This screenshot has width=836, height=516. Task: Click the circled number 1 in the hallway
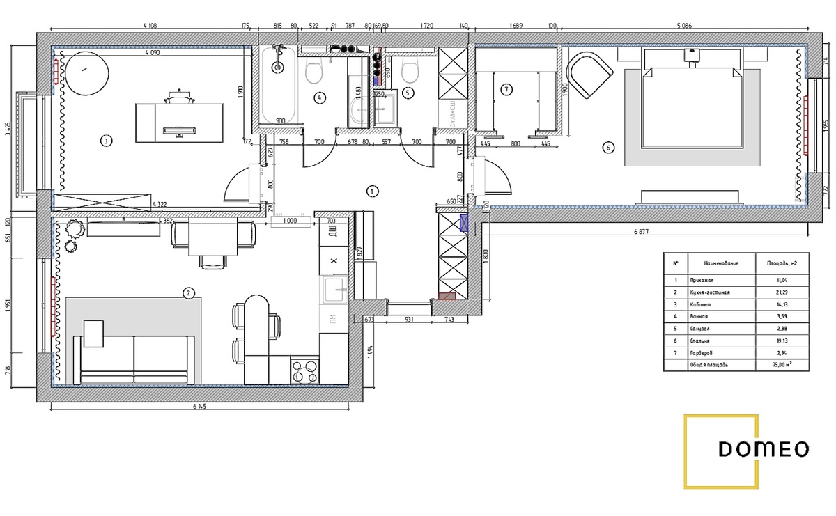coord(373,190)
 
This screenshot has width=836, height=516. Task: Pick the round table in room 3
coord(86,72)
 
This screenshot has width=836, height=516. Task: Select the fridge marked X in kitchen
coord(333,260)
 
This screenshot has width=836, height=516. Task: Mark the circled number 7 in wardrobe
coord(506,89)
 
